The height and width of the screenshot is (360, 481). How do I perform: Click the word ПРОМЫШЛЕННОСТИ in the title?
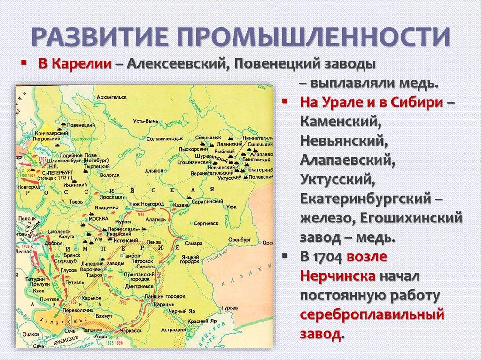321,36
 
